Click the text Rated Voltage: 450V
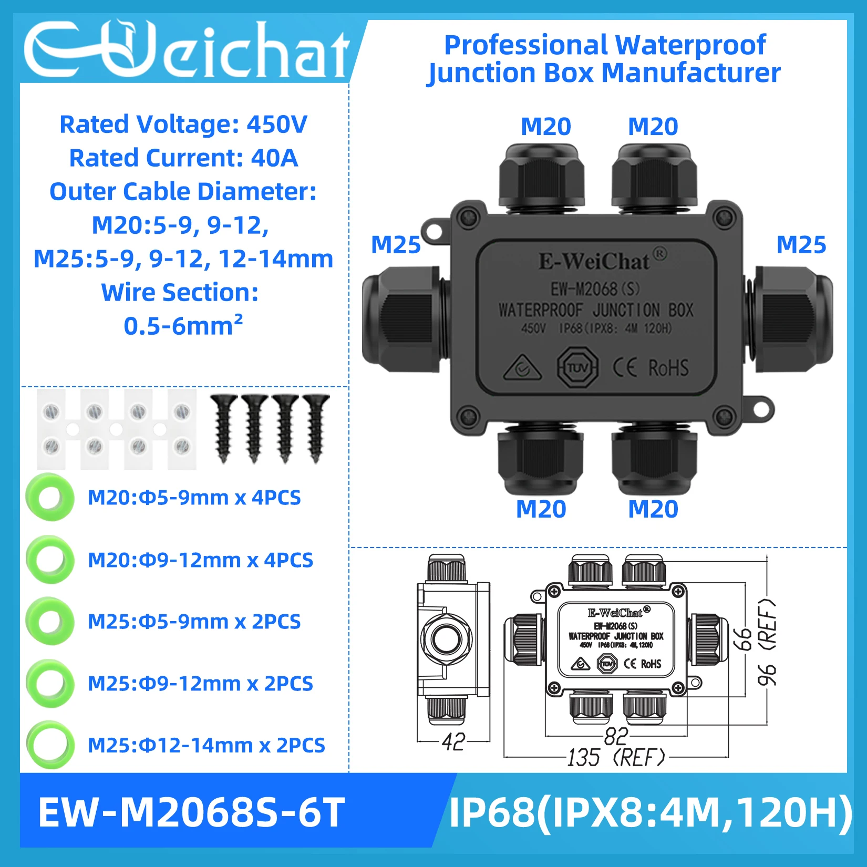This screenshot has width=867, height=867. pos(183,125)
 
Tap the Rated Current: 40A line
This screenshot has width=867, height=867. pos(183,158)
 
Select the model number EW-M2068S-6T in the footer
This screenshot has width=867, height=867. pos(191,812)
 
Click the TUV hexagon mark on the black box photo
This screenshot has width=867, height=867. pos(577,367)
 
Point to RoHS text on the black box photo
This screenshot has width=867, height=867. pos(668,368)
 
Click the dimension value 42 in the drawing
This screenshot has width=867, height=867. pos(453,741)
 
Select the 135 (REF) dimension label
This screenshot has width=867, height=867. pos(616,757)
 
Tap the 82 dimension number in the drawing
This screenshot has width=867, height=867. pos(615,736)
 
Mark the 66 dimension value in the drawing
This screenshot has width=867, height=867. pos(743,639)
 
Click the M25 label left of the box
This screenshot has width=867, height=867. pos(396,245)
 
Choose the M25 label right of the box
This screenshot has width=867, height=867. pos(801,245)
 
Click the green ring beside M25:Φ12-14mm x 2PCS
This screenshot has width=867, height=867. pos(50,745)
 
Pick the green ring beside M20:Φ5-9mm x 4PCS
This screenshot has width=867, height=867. pos(50,497)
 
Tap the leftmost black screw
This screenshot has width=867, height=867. pos(224,428)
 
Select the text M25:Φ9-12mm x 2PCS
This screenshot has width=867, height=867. pos(200,684)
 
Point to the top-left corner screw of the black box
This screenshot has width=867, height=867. pos(466,217)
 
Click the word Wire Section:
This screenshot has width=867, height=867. pos(180,293)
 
